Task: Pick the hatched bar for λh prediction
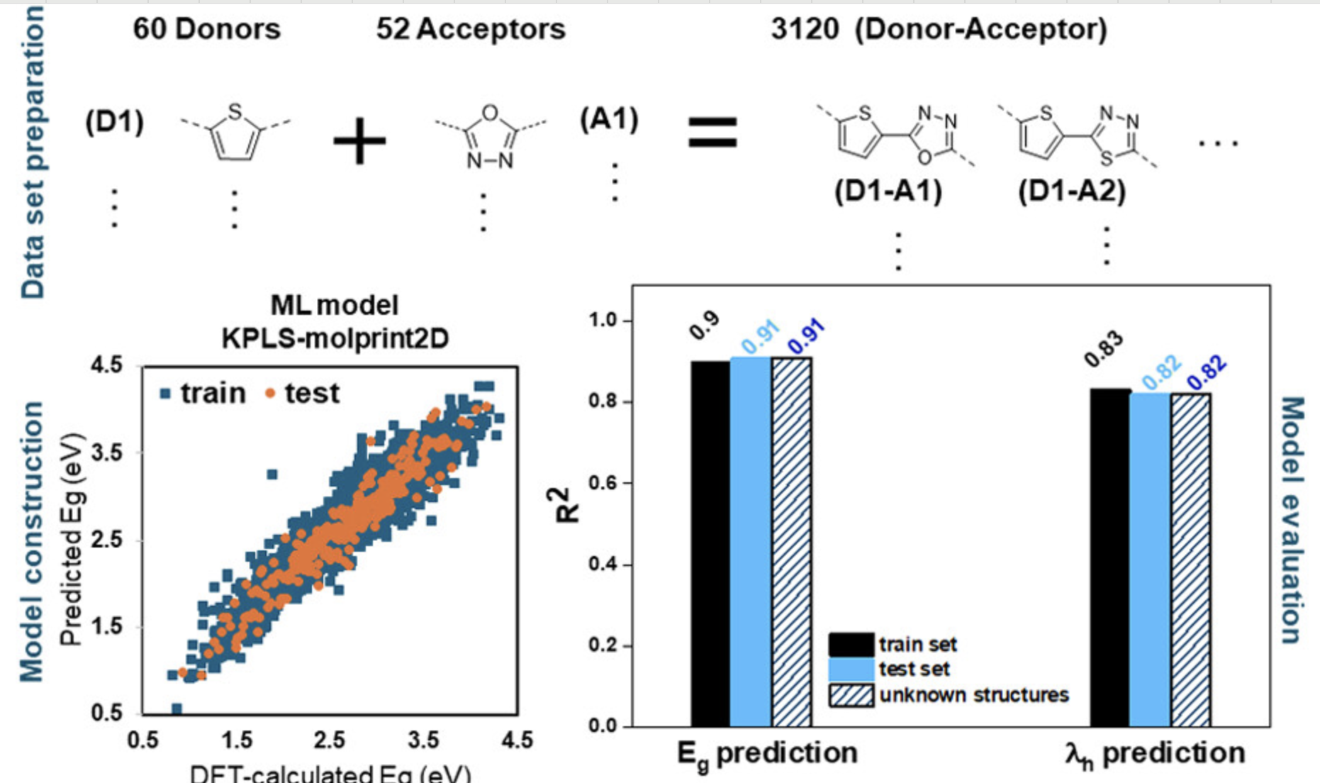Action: click(1191, 560)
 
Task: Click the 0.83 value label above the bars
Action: click(1104, 350)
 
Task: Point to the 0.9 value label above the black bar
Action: click(705, 326)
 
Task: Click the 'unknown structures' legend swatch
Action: click(851, 695)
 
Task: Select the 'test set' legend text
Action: click(915, 669)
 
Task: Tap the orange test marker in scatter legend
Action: click(270, 393)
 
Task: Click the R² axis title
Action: click(568, 505)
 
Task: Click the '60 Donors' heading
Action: click(206, 29)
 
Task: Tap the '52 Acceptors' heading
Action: click(471, 29)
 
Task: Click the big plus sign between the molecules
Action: click(359, 140)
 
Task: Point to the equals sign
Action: click(712, 133)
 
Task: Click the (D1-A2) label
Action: click(1072, 191)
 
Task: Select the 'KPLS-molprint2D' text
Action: click(335, 338)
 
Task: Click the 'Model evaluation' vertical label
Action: click(1293, 520)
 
